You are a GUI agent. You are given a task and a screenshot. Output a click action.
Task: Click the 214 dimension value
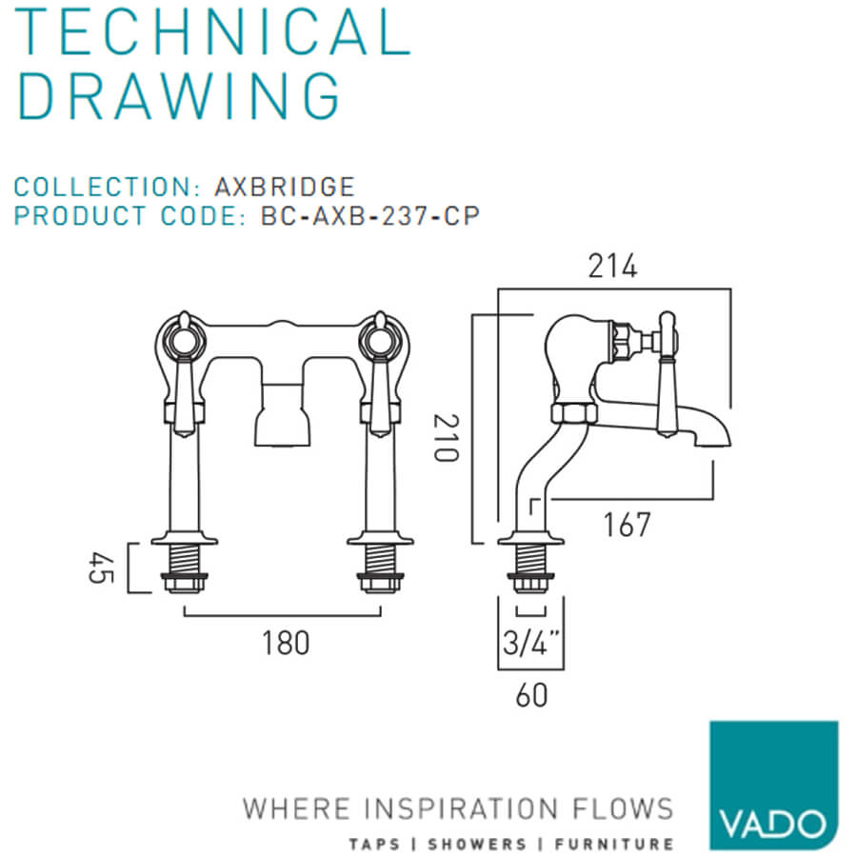pos(612,267)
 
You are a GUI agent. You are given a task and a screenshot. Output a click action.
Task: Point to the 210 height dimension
pos(446,438)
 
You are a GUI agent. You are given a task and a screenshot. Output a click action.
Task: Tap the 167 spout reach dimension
pos(627,525)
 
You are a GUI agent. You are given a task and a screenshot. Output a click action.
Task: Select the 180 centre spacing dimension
pos(286,643)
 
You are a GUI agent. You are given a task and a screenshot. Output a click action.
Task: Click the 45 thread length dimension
pos(102,568)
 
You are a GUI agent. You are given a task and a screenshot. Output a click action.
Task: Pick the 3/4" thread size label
pos(531,642)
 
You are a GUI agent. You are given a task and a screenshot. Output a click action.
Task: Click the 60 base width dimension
pos(531,695)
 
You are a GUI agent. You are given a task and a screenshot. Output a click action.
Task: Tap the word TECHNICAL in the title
pos(213,31)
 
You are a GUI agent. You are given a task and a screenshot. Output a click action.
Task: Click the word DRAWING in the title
pos(179,95)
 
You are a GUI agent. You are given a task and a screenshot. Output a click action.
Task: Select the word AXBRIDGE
pos(285,187)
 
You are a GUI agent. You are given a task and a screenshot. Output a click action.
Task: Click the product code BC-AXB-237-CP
pos(370,216)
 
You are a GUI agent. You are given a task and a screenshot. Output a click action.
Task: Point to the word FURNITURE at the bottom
pos(614,845)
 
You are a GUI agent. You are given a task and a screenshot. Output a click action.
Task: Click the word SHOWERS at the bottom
pos(477,845)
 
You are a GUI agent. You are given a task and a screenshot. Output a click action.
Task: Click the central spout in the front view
pos(283,414)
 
